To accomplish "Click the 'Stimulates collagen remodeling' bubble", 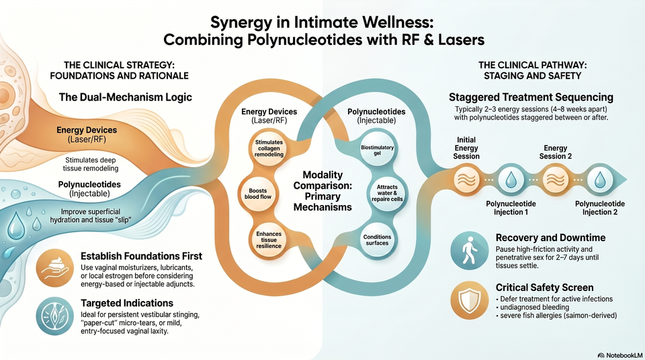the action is [x=269, y=148].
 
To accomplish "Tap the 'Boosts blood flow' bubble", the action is [x=258, y=194].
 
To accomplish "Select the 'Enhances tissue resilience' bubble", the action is [x=269, y=240].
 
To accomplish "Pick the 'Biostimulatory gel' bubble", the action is [x=377, y=150].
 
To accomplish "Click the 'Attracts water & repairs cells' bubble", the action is [x=387, y=193].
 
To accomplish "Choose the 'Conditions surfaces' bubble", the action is [x=377, y=240].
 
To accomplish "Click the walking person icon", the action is [x=470, y=250].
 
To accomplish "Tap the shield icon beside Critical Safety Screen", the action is [x=470, y=300].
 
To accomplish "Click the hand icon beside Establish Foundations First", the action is [x=54, y=268].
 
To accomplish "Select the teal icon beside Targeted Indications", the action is [x=54, y=316].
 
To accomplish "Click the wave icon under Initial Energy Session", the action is [x=466, y=180].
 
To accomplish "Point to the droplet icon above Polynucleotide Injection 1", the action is [x=511, y=180].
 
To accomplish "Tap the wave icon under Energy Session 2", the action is [x=556, y=180].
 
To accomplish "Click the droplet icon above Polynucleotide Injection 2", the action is [x=600, y=180].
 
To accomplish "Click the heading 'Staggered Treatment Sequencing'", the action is [x=531, y=97].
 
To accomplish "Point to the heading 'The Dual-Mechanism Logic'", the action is [x=126, y=97].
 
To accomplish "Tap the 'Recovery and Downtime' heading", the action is [x=550, y=238].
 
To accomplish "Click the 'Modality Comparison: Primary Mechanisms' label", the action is [x=322, y=191].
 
